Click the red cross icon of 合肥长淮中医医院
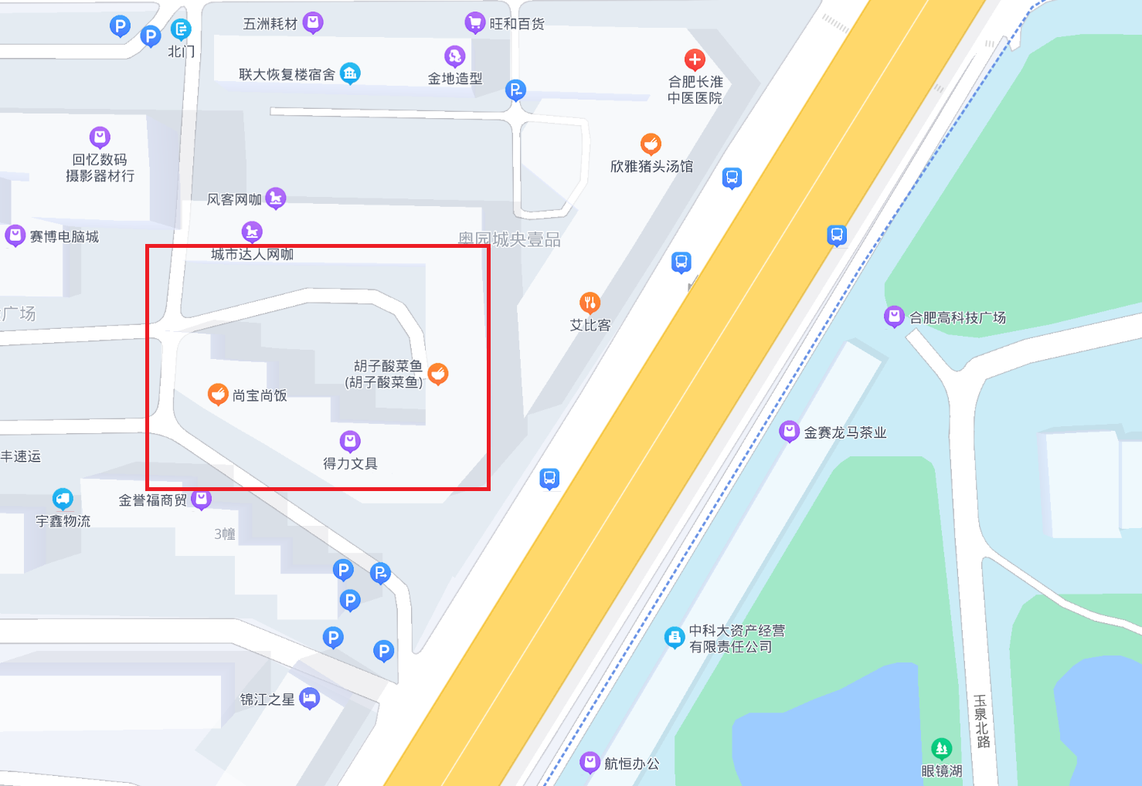pos(695,59)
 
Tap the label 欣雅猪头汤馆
pos(651,166)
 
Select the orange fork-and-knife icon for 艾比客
pos(590,303)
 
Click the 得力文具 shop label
pos(350,463)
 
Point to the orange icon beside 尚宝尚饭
pos(218,395)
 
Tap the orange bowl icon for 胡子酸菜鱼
pos(438,374)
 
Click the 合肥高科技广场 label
pos(957,317)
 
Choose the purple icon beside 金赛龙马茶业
pos(789,432)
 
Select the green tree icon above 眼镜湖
pos(941,748)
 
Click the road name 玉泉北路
pos(981,721)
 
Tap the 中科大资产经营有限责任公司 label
pos(736,639)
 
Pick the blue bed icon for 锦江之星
pos(309,699)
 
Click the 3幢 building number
pos(225,534)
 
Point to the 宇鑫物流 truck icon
pos(63,499)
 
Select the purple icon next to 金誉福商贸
pos(201,500)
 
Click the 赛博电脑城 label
pos(64,236)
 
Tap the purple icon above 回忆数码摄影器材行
pos(100,137)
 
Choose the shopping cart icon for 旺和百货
pos(474,23)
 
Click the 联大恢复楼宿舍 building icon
pos(350,73)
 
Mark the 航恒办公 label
pos(631,764)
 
